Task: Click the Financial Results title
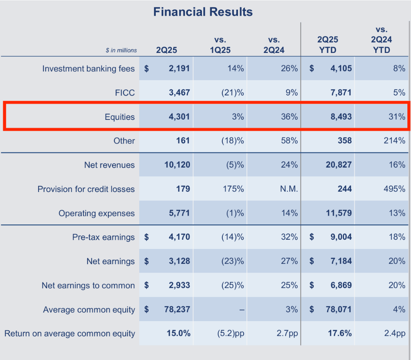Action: pyautogui.click(x=203, y=12)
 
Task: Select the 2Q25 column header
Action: pyautogui.click(x=166, y=50)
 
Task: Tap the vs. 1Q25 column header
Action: pyautogui.click(x=220, y=45)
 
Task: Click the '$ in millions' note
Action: pyautogui.click(x=121, y=51)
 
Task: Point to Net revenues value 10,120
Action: pyautogui.click(x=177, y=165)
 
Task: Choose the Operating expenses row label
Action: pyautogui.click(x=96, y=213)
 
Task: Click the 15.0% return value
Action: pyautogui.click(x=178, y=333)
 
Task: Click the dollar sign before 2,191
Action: pyautogui.click(x=146, y=69)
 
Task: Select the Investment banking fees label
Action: pyautogui.click(x=88, y=69)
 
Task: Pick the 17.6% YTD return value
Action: pyautogui.click(x=340, y=333)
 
